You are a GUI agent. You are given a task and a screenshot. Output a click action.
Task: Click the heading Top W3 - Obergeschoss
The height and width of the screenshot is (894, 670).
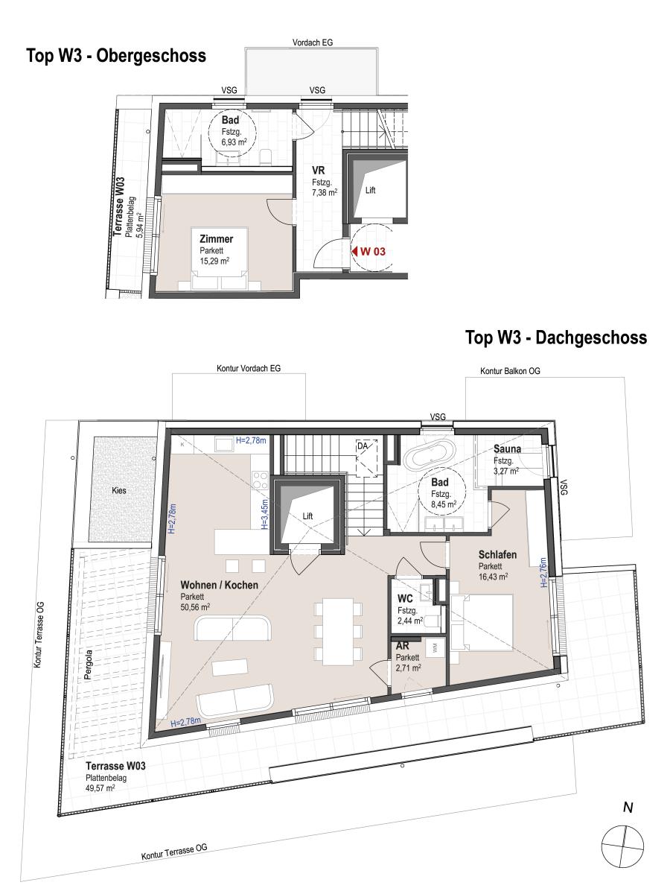(116, 56)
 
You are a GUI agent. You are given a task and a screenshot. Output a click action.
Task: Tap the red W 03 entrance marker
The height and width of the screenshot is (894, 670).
(368, 251)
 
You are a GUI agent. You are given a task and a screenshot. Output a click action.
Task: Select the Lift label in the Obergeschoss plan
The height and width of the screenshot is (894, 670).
(370, 190)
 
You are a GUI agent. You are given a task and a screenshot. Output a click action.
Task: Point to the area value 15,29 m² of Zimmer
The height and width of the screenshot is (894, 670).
(214, 261)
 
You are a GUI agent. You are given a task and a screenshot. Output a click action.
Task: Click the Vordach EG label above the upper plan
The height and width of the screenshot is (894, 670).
(313, 42)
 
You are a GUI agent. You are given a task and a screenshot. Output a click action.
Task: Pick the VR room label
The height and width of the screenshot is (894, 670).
(318, 170)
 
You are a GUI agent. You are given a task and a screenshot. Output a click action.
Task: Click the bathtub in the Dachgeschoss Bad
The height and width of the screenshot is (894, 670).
(430, 454)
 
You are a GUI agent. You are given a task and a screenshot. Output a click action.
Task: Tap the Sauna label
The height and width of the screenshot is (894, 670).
(507, 448)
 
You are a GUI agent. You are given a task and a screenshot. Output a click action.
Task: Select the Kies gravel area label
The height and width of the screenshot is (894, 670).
(119, 490)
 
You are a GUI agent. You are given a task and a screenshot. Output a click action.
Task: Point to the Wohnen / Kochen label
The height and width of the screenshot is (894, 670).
(220, 586)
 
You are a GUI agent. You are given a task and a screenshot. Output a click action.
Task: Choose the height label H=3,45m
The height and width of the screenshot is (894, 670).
(265, 514)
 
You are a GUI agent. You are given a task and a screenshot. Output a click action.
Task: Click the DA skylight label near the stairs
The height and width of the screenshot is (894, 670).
(362, 446)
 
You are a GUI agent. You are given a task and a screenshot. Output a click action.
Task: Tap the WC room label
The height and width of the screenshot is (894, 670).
(405, 599)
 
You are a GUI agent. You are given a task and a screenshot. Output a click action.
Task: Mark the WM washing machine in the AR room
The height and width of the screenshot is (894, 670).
(435, 648)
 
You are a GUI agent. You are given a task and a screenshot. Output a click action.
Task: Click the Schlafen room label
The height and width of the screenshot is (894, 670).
(497, 555)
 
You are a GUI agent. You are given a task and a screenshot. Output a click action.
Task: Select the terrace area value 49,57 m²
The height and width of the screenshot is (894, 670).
(100, 788)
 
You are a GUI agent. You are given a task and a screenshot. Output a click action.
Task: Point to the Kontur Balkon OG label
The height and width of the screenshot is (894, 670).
(510, 371)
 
